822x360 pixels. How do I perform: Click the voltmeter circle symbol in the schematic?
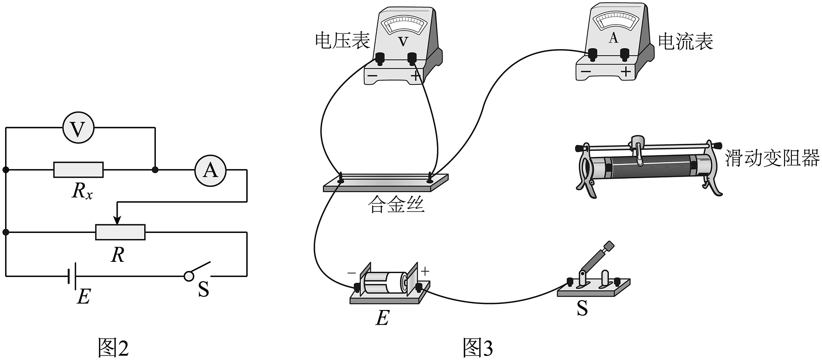(78, 128)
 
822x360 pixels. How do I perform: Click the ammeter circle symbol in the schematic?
(210, 170)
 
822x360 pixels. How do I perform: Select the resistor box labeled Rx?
(78, 170)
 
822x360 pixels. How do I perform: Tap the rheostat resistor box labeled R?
(120, 232)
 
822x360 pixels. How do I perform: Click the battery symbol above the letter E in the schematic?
(72, 276)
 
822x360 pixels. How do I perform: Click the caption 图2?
(113, 347)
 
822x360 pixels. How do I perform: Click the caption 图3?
(478, 347)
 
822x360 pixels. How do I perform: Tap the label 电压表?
(342, 40)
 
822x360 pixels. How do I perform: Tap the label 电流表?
(686, 41)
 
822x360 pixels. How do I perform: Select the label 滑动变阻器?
(772, 158)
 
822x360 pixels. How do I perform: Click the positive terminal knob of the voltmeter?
(413, 58)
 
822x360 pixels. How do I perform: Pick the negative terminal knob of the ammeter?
(593, 54)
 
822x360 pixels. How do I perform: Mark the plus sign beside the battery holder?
(425, 271)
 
